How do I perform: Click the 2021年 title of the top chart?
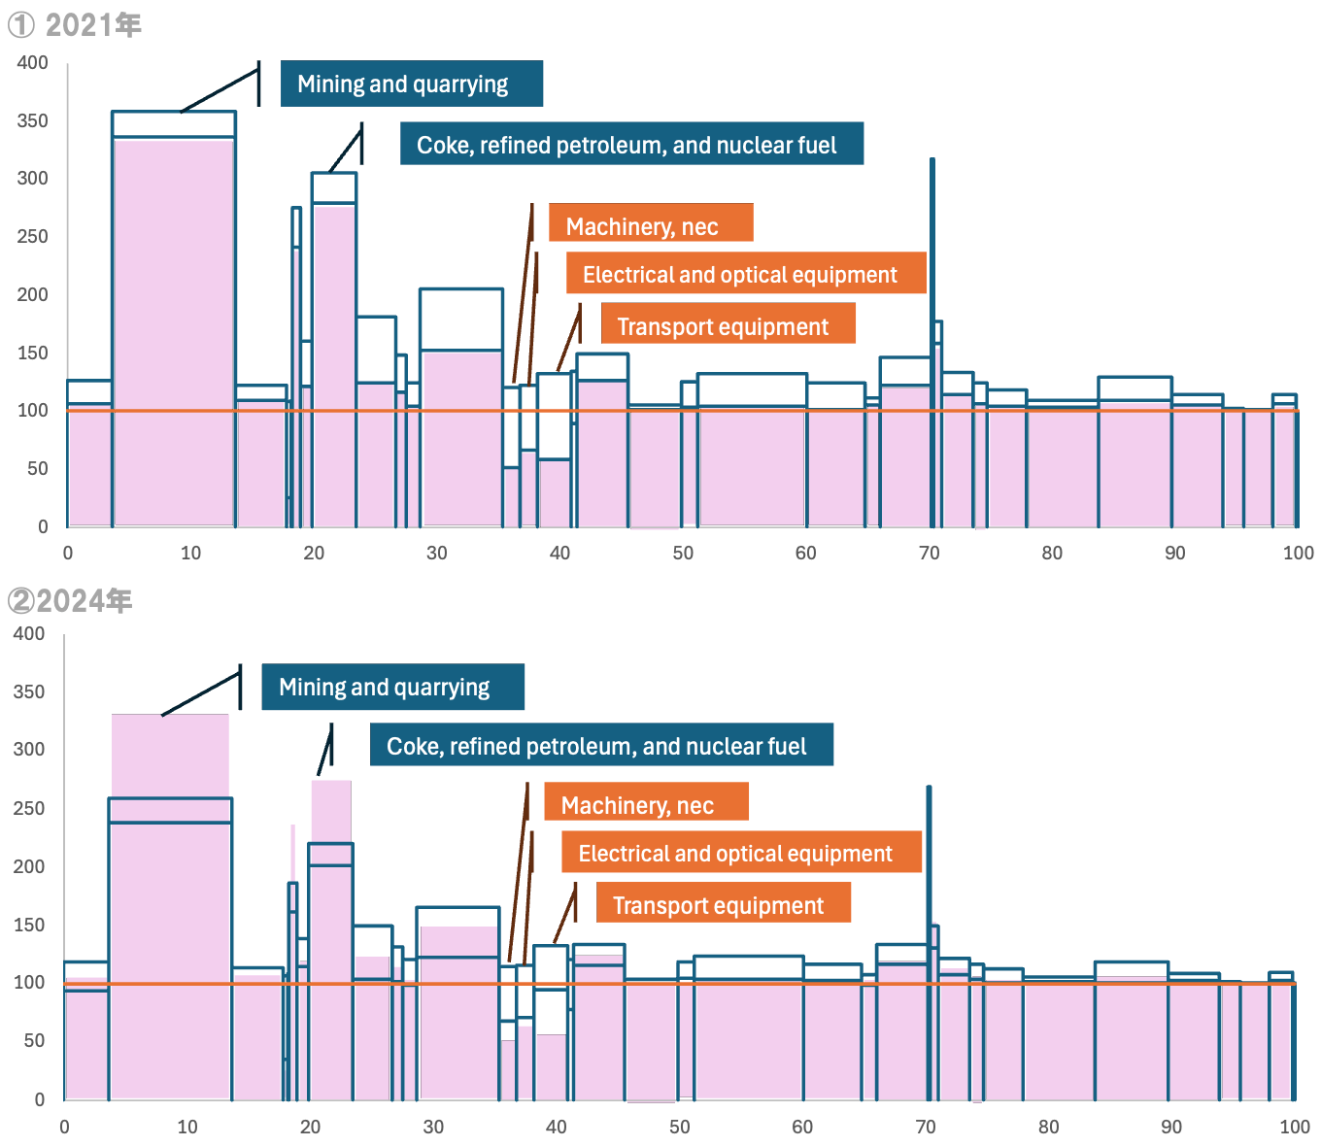pyautogui.click(x=76, y=24)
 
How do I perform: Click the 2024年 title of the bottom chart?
pyautogui.click(x=70, y=601)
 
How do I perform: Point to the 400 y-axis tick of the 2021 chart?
pyautogui.click(x=33, y=63)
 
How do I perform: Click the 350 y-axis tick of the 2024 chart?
pyautogui.click(x=29, y=691)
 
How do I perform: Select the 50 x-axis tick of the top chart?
pyautogui.click(x=683, y=553)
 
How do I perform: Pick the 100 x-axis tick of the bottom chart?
pyautogui.click(x=1294, y=1127)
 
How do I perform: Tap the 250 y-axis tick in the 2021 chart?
pyautogui.click(x=33, y=237)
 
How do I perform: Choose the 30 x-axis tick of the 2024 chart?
pyautogui.click(x=433, y=1127)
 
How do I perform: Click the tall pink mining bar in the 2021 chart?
pyautogui.click(x=174, y=330)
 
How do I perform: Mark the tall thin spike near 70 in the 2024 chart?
pyautogui.click(x=929, y=874)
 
